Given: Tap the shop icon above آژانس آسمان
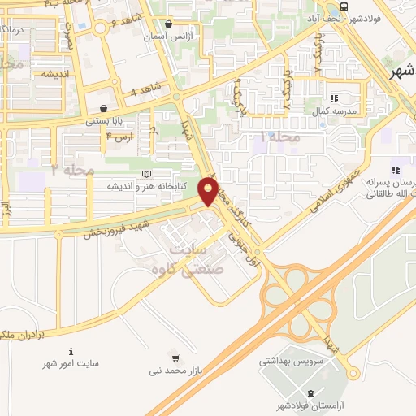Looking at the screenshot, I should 168,25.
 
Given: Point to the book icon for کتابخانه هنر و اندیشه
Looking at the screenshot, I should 146,173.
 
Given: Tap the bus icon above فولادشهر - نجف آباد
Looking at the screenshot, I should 344,6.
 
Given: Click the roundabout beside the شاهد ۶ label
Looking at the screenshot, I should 100,28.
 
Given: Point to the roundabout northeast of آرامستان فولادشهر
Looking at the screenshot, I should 353,373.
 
